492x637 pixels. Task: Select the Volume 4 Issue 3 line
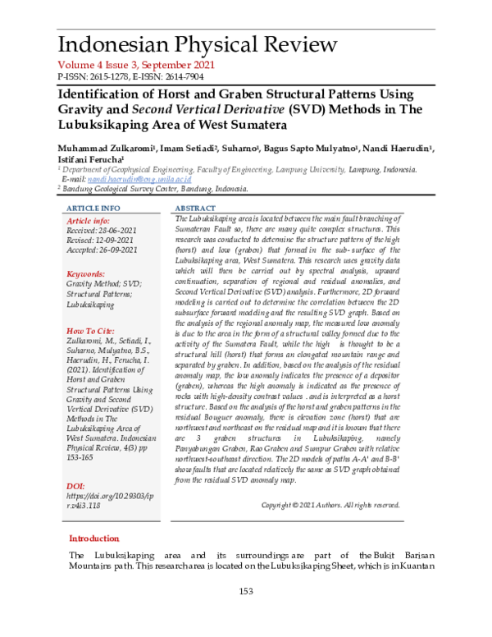click(135, 65)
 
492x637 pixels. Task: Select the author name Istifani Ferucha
click(89, 158)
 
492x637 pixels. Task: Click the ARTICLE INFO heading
click(93, 209)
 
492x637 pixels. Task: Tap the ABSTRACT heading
click(196, 209)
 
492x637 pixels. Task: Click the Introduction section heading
click(93, 538)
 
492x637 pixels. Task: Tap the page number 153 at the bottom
click(245, 592)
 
